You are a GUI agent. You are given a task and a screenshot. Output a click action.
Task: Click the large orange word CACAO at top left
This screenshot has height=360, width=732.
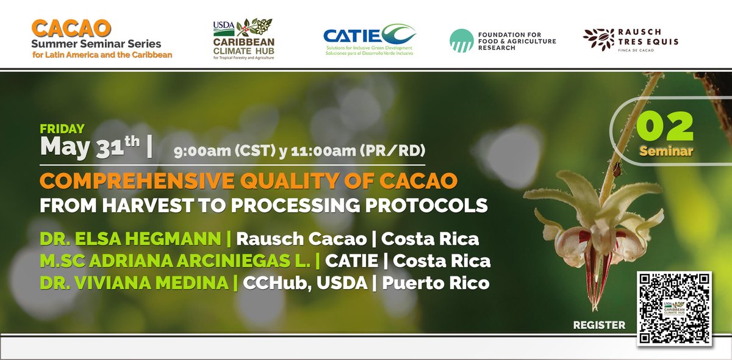[71, 27]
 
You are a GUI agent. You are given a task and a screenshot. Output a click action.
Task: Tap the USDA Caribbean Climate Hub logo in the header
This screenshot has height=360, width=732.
[243, 39]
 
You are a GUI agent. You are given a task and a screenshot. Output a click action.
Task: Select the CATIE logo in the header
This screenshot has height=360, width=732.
[369, 39]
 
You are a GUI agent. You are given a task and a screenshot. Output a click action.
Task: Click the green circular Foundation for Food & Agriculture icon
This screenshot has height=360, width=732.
[461, 40]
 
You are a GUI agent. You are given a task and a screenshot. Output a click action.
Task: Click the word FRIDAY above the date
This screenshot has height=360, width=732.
[62, 129]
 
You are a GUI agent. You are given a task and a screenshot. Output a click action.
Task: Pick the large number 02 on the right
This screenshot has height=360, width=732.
[666, 126]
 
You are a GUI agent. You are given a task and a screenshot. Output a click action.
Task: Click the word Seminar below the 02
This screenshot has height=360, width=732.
[666, 151]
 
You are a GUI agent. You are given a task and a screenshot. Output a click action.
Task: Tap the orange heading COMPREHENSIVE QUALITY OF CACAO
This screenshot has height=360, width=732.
[248, 181]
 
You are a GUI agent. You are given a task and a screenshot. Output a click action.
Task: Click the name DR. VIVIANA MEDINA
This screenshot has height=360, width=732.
[135, 283]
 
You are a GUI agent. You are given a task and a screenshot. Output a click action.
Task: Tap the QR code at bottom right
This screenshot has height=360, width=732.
[674, 308]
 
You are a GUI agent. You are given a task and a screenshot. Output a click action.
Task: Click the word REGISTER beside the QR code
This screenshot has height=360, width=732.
[599, 325]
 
